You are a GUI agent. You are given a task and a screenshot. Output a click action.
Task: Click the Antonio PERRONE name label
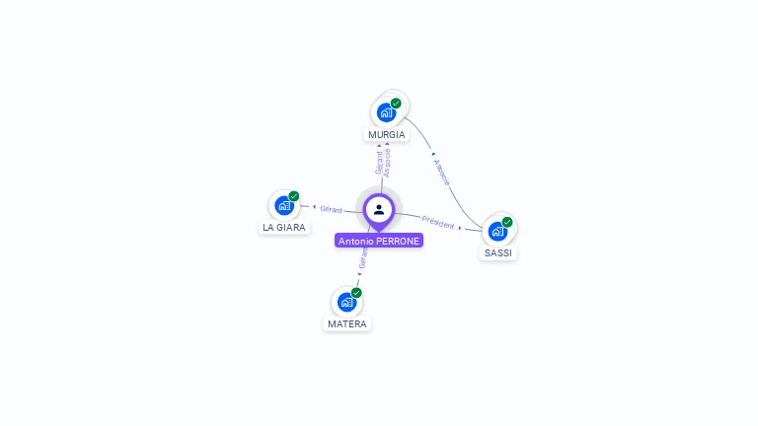[x=379, y=241]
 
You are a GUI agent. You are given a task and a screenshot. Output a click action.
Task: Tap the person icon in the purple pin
[x=379, y=209]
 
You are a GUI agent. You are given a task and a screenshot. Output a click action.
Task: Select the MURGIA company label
[x=387, y=134]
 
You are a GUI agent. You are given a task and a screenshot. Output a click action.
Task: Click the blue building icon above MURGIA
[x=386, y=112]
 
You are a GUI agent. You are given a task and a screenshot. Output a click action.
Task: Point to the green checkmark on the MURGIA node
[x=396, y=103]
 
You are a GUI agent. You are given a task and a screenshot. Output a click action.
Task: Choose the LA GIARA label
[x=284, y=227]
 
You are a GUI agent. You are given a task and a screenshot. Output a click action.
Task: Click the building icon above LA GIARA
[x=283, y=205]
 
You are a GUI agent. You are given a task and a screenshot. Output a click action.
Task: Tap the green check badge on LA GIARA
[x=294, y=196]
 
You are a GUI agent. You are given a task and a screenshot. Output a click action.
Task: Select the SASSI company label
[x=498, y=252]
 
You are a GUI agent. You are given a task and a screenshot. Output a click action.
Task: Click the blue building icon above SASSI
[x=497, y=231]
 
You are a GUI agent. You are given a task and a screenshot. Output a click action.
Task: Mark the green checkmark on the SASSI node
[x=507, y=222]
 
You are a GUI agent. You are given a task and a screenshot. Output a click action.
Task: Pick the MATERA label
[x=347, y=323]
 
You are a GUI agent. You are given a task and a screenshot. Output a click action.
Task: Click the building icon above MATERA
[x=346, y=302]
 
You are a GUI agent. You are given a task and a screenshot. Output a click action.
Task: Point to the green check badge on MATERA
[x=356, y=293]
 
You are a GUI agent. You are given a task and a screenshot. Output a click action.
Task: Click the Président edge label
[x=438, y=223]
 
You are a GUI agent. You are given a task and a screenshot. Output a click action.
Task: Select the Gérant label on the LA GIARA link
[x=332, y=209]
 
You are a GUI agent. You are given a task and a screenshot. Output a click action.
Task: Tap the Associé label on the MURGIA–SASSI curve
[x=443, y=173]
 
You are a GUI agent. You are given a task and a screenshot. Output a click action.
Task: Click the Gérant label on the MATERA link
[x=363, y=259]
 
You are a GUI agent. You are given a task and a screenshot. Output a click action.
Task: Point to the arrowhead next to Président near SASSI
[x=460, y=228]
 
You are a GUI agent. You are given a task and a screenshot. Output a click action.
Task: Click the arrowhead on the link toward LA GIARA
[x=314, y=207]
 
